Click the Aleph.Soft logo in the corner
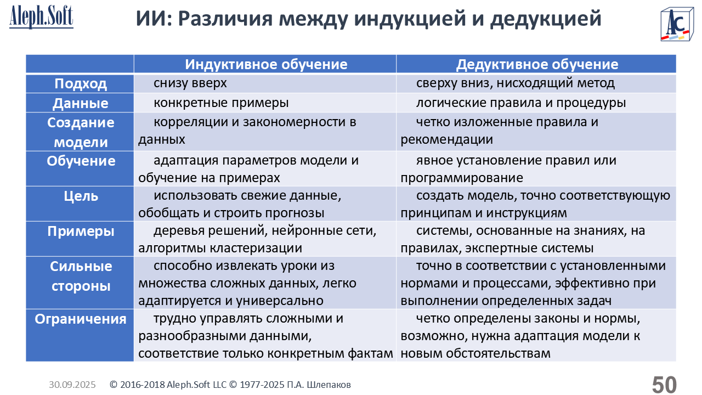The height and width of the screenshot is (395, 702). (x=41, y=17)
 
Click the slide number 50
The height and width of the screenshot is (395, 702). (x=664, y=385)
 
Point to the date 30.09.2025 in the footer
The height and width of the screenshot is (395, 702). (x=72, y=385)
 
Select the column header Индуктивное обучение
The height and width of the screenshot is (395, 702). (x=266, y=64)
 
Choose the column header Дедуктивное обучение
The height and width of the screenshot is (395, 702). (x=537, y=64)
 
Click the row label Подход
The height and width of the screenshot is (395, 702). (x=81, y=84)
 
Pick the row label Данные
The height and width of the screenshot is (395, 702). (x=81, y=103)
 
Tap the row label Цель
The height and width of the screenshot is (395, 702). (x=81, y=196)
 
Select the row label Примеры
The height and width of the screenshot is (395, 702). (x=81, y=232)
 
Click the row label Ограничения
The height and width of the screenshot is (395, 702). (x=81, y=319)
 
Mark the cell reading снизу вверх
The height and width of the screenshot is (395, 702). (x=190, y=83)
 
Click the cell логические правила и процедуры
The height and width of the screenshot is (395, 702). (x=521, y=103)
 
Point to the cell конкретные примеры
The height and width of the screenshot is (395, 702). (x=221, y=103)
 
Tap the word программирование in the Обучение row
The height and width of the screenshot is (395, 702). (x=462, y=178)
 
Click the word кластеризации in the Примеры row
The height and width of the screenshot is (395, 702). (x=256, y=249)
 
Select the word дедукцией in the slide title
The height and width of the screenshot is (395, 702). (x=546, y=19)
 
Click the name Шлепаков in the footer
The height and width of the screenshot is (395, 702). (x=329, y=385)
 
